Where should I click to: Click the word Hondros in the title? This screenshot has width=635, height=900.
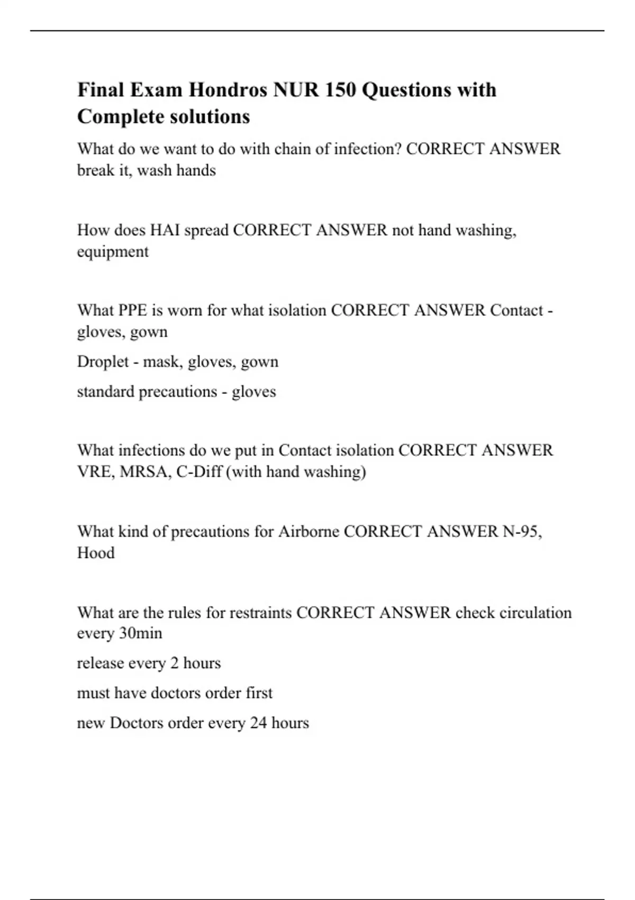[228, 90]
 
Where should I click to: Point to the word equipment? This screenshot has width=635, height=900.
[113, 252]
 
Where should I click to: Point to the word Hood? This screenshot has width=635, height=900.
[96, 553]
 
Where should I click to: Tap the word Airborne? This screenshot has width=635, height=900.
[309, 532]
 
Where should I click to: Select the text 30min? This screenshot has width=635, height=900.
[140, 633]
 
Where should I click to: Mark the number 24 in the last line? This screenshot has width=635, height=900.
[258, 723]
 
